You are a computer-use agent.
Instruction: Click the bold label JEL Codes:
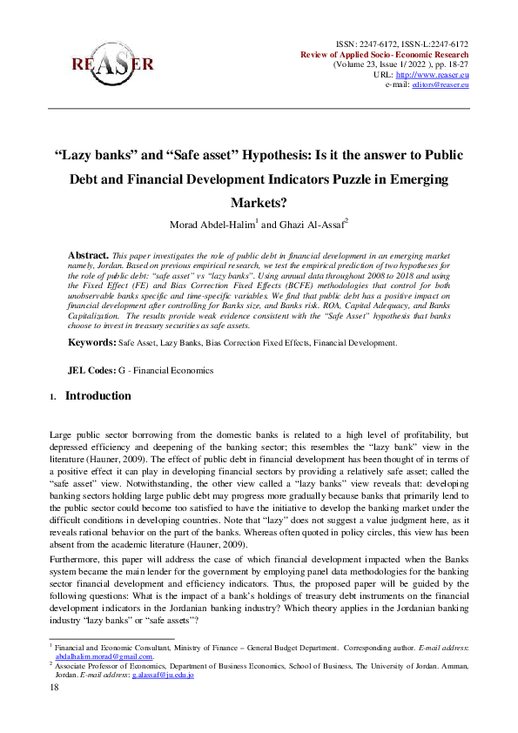[x=91, y=370]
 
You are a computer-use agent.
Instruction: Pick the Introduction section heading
[x=98, y=396]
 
